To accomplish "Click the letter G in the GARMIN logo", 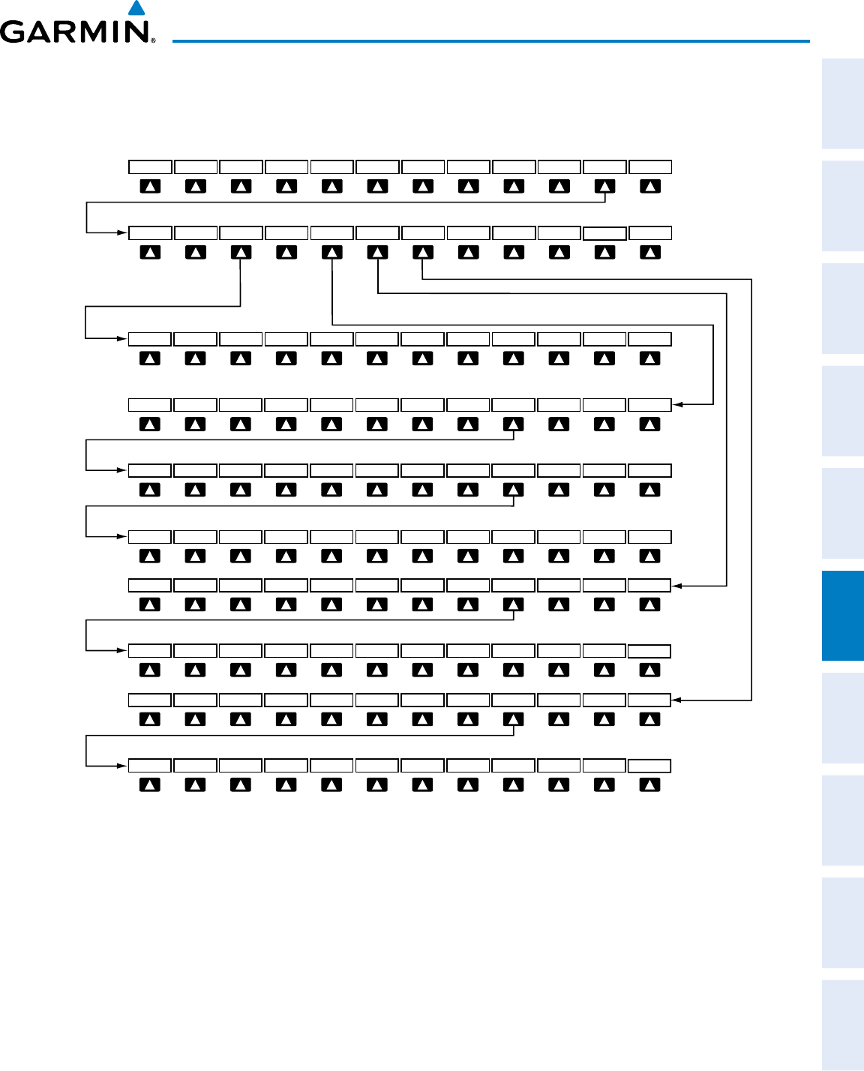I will [x=16, y=31].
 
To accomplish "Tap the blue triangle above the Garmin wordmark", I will [x=136, y=9].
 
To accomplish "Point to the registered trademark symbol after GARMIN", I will [x=153, y=40].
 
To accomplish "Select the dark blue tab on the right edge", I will [x=843, y=616].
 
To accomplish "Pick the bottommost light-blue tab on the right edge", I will [x=843, y=1025].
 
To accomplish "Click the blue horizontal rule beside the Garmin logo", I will [x=491, y=40].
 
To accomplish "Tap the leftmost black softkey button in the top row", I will [x=150, y=187].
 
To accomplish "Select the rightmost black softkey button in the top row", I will [x=650, y=187].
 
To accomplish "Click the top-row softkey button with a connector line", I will [x=604, y=187].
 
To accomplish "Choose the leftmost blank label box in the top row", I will [x=150, y=167].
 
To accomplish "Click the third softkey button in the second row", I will [x=241, y=253].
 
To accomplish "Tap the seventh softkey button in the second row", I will [x=423, y=253].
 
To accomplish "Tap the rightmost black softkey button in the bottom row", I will [x=650, y=785].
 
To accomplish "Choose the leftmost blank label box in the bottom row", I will [x=150, y=766].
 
